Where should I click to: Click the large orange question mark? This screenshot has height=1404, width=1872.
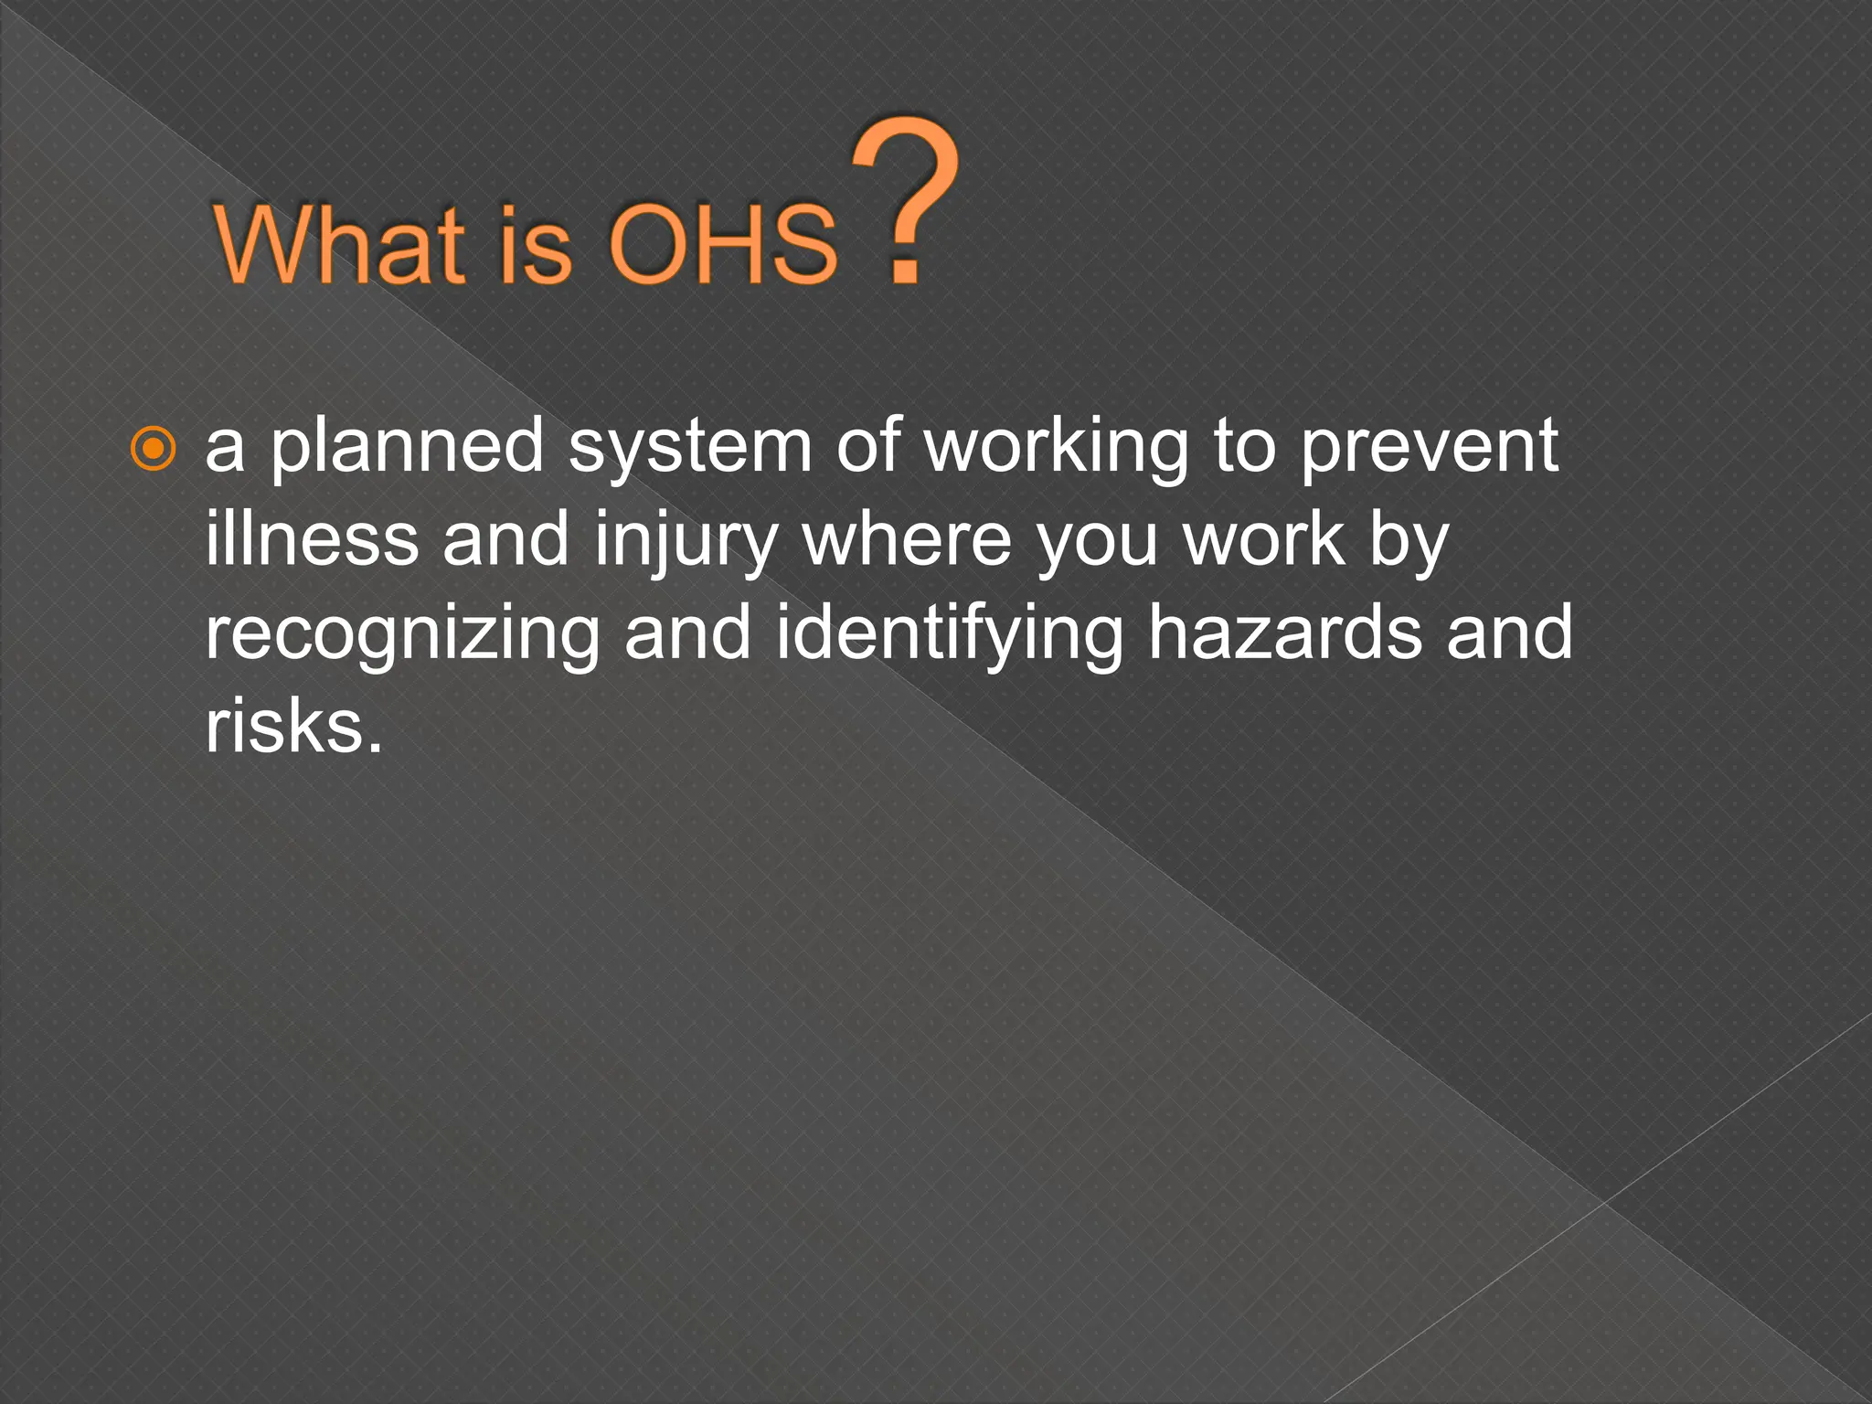click(x=906, y=201)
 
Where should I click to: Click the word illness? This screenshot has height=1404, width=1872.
click(x=312, y=539)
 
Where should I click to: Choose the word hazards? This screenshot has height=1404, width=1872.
click(x=1284, y=633)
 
